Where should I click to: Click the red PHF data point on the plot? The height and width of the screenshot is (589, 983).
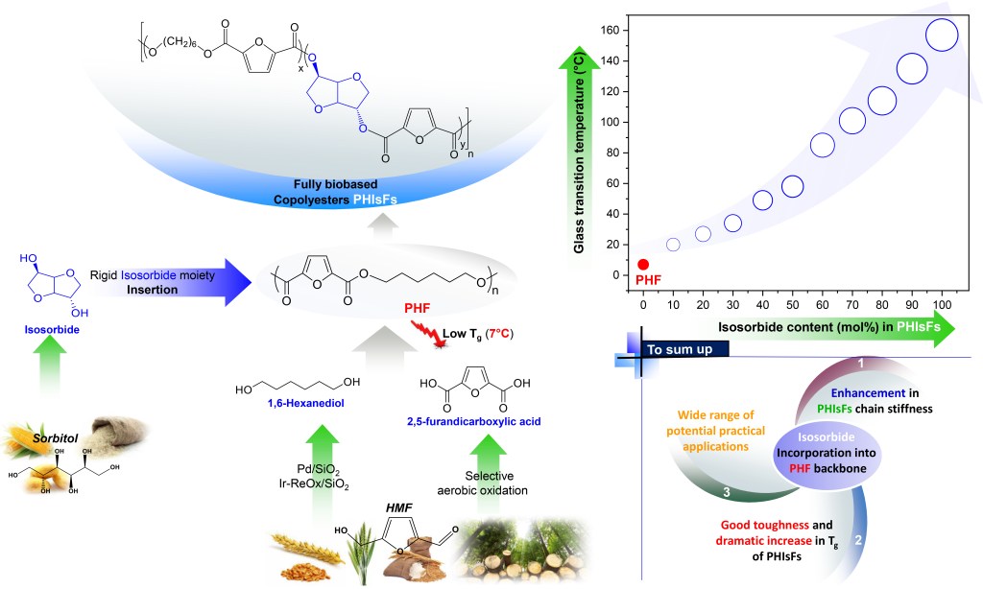point(643,264)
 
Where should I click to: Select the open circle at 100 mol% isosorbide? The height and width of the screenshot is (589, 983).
point(942,35)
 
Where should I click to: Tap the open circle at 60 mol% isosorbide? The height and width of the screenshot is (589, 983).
point(822,145)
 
